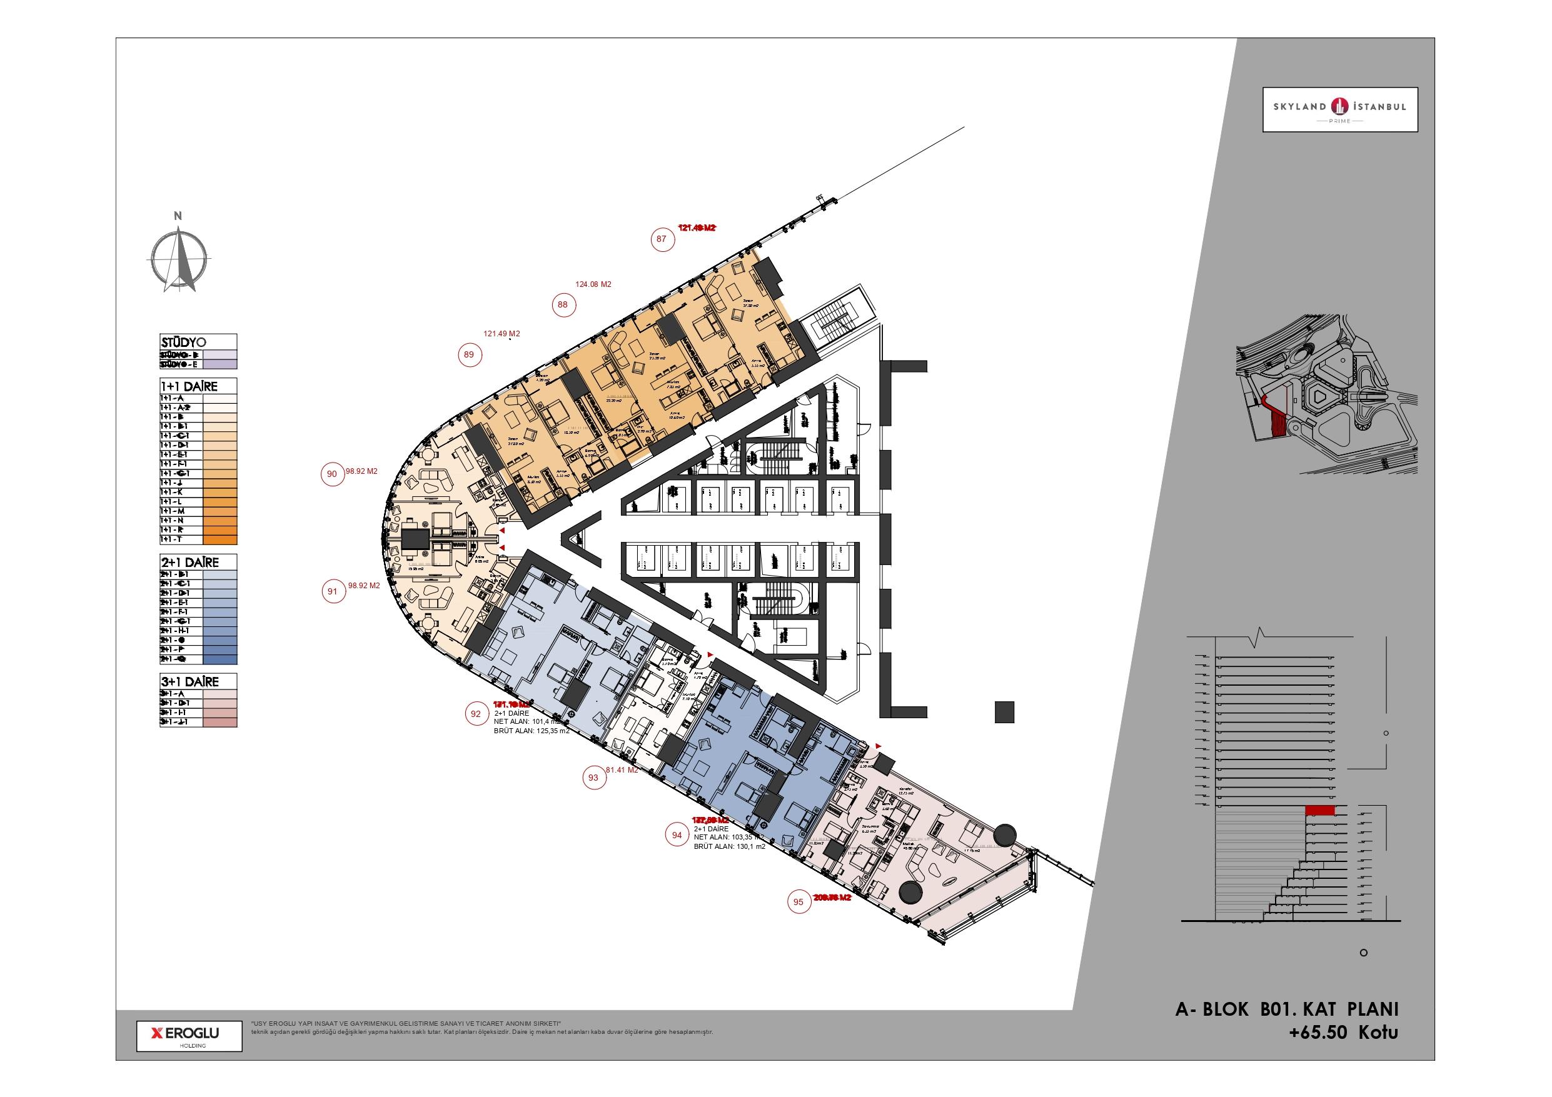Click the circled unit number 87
661,239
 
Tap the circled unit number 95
799,903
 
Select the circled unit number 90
332,474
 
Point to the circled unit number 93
593,778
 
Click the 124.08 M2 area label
593,284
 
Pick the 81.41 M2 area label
622,770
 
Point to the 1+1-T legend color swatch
219,540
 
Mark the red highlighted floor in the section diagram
1319,811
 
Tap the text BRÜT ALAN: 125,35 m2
532,731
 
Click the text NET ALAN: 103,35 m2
728,838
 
